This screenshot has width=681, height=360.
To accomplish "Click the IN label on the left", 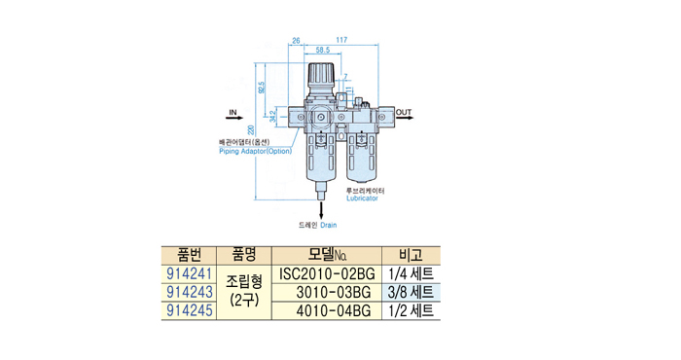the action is point(233,113).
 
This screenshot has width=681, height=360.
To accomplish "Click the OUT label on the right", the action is point(404,113).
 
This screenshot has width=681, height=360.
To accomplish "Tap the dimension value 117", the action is point(341,40).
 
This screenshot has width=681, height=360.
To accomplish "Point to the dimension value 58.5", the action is point(323,50).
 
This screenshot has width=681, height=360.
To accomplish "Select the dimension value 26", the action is point(296,41).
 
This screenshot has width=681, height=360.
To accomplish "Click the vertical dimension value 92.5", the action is point(261,88).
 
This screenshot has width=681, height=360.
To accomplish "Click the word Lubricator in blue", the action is point(362,198).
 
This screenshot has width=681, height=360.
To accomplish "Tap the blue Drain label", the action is point(329,225).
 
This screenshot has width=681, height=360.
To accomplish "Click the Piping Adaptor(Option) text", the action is point(255,151).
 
